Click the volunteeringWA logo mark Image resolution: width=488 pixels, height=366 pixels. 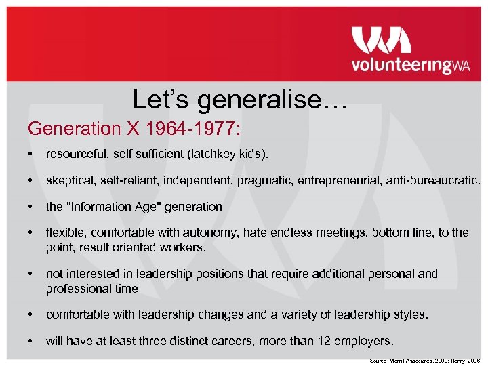[x=381, y=40]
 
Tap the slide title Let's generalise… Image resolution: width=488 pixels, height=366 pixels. [x=240, y=100]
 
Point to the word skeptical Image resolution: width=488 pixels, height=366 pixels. [x=70, y=181]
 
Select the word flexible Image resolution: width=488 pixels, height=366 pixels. [x=64, y=232]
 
